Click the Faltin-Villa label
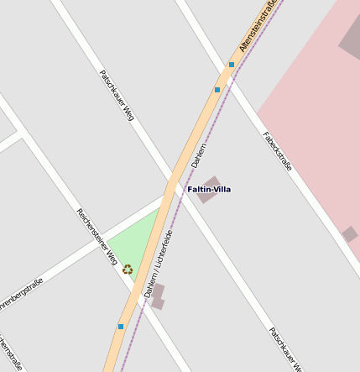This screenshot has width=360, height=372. click(209, 190)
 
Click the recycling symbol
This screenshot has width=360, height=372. click(128, 270)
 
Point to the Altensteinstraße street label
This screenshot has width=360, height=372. click(260, 25)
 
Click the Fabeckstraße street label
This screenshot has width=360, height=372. click(277, 151)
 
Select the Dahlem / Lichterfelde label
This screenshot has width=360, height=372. click(158, 264)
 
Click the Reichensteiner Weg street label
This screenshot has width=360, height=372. click(97, 237)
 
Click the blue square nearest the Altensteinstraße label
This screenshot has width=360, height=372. click(232, 65)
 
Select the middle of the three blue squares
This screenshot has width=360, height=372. click(217, 89)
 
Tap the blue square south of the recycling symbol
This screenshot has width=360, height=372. click(121, 327)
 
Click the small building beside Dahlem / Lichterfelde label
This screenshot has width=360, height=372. click(157, 296)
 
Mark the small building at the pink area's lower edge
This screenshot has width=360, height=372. click(350, 234)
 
